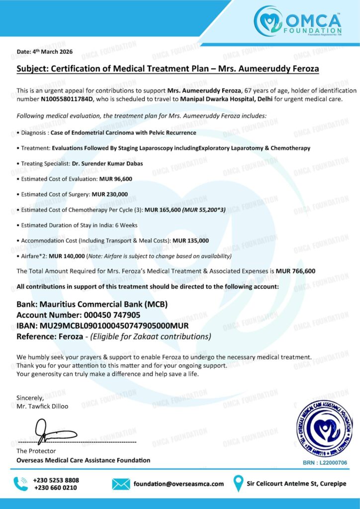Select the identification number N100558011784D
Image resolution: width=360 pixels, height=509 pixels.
71,98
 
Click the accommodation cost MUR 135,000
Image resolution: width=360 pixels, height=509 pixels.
190,241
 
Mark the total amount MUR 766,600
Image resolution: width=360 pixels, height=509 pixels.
295,271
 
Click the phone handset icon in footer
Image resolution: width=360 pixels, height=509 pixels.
21,484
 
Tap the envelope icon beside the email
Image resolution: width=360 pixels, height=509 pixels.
121,484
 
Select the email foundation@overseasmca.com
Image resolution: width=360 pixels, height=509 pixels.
178,484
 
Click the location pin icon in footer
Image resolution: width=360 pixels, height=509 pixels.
239,484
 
